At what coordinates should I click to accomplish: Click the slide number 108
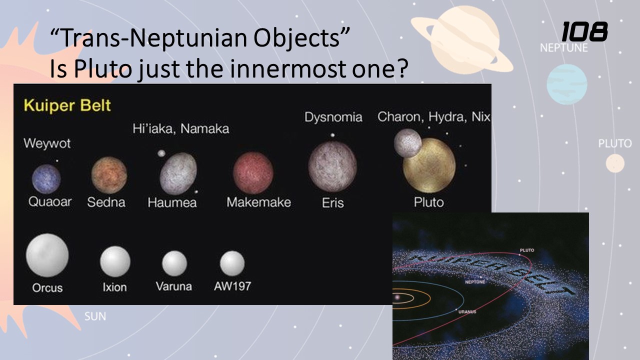[584, 31]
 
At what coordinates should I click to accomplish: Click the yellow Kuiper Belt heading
[67, 105]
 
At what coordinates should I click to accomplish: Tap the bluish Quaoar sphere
[46, 179]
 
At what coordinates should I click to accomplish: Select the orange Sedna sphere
[109, 175]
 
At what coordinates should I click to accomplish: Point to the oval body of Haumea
[178, 173]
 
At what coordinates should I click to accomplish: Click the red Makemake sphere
[253, 173]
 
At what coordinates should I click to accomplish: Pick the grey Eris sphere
[332, 166]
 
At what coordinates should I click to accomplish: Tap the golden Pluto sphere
[429, 165]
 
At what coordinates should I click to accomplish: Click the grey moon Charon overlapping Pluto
[407, 143]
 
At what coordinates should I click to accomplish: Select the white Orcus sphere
[47, 255]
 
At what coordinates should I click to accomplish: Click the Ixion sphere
[115, 261]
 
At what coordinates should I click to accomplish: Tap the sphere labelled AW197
[232, 263]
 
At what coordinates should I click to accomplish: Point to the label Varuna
[173, 286]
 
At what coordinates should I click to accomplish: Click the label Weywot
[47, 143]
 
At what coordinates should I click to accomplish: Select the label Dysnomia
[333, 117]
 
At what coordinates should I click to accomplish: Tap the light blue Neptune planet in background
[567, 84]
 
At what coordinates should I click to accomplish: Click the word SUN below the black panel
[95, 316]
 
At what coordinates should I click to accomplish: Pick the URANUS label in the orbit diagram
[467, 311]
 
